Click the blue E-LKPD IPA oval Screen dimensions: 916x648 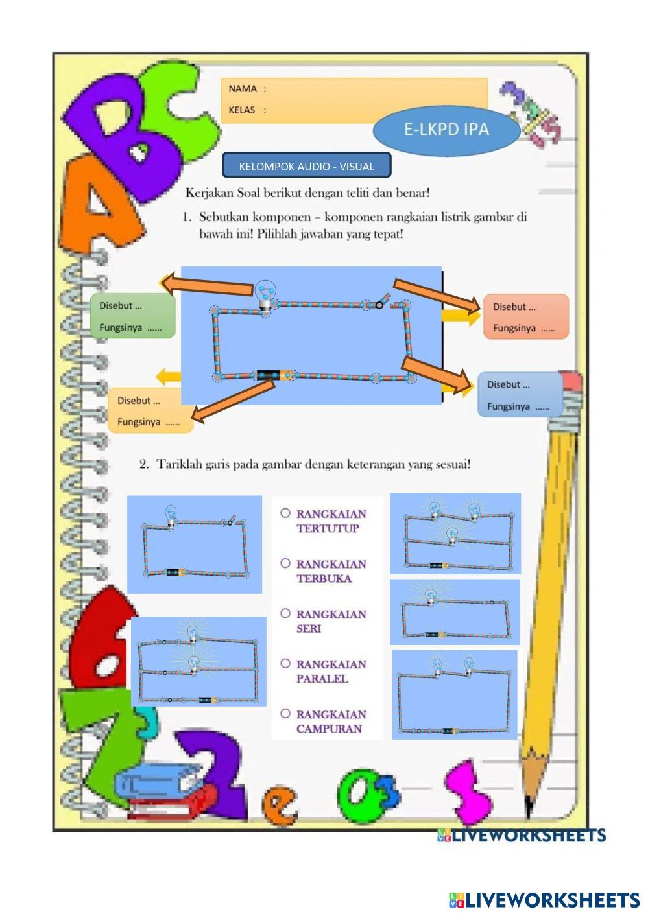(446, 129)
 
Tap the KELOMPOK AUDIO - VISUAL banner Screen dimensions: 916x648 (306, 166)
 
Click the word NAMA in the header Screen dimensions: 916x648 (243, 89)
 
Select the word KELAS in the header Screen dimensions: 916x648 (242, 110)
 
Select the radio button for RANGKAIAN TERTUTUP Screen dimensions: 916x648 (285, 513)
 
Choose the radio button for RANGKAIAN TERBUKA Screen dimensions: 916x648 (285, 563)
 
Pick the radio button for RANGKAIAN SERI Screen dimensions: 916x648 (285, 613)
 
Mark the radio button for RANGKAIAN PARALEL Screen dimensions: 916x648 (285, 663)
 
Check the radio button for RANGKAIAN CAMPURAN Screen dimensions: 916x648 (285, 713)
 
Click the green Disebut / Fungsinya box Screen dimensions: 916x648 (134, 316)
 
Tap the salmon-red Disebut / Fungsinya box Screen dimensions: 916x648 (525, 317)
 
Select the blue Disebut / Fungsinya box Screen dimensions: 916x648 (519, 395)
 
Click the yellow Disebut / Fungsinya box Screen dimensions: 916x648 (150, 411)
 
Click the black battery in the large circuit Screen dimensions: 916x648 (268, 375)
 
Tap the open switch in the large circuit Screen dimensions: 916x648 (383, 301)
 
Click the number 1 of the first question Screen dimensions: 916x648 (186, 217)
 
